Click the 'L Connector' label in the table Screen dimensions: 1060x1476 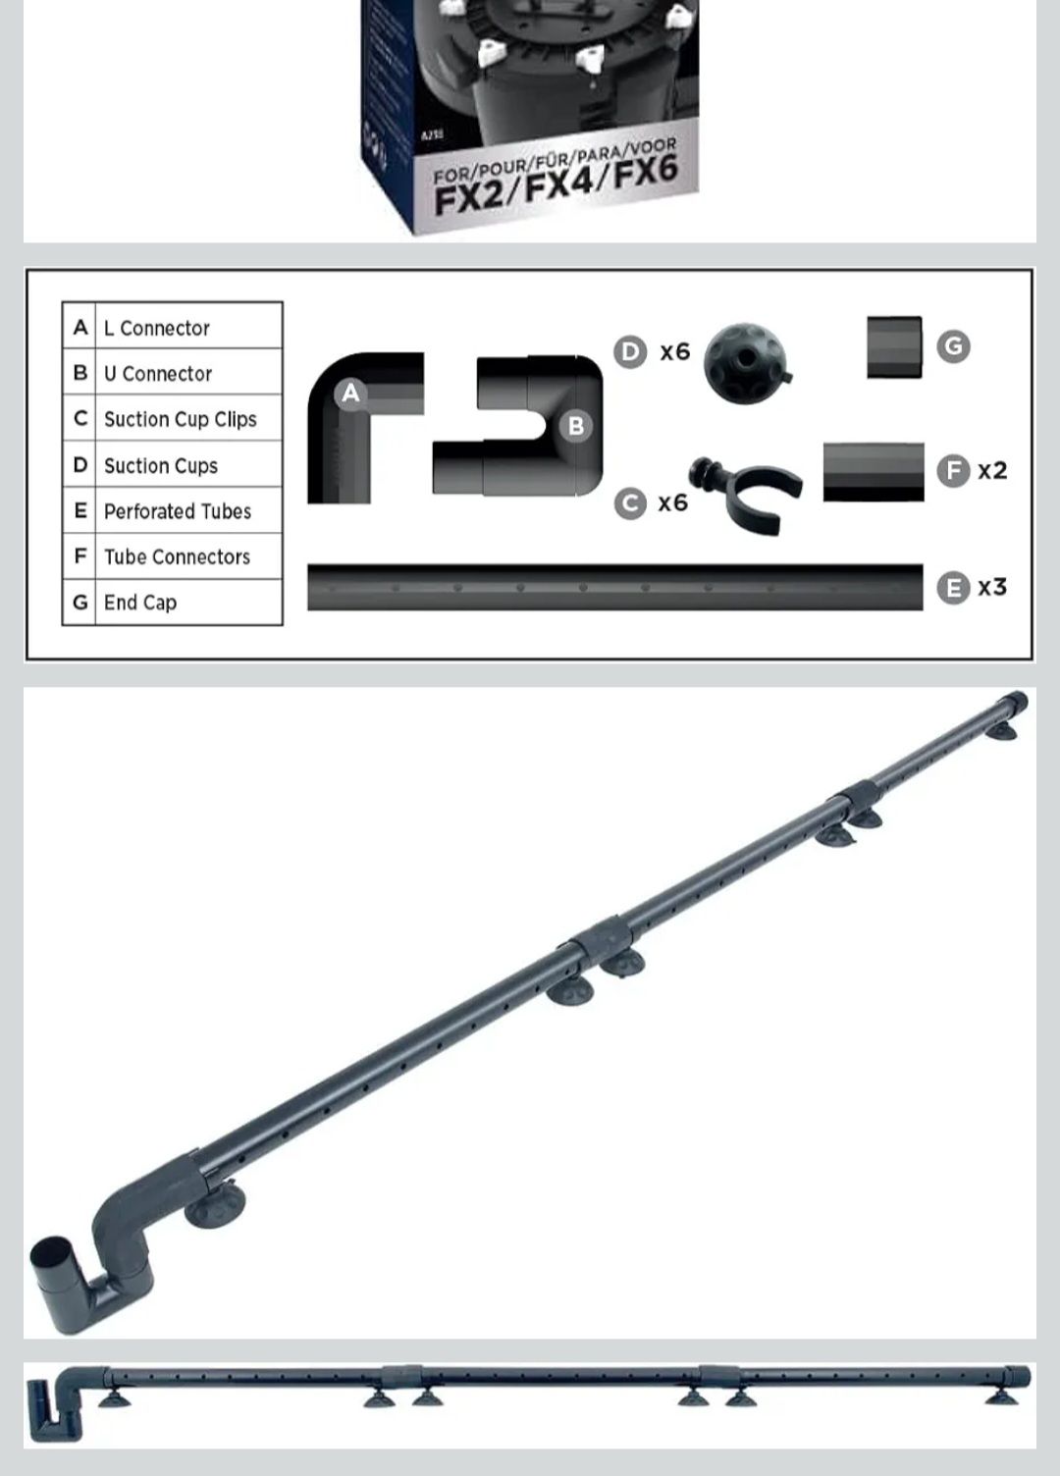tap(157, 328)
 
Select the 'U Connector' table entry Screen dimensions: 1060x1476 tap(158, 374)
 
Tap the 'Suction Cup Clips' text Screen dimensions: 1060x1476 tap(181, 419)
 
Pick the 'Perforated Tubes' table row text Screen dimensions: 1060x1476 tap(178, 511)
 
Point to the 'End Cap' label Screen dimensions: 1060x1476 tap(140, 603)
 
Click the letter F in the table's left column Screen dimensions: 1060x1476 tap(80, 556)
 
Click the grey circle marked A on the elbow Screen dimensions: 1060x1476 tap(350, 394)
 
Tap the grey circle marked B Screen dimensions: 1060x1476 tap(576, 426)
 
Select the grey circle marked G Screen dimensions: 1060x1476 tap(953, 346)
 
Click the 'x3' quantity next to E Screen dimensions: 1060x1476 tap(992, 587)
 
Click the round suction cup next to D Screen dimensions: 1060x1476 tap(747, 362)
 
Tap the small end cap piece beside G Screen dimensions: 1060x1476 tap(894, 347)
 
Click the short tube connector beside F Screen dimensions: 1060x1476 tap(874, 472)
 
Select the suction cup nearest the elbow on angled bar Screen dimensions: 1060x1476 tap(215, 1203)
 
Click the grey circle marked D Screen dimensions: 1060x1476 tap(630, 352)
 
